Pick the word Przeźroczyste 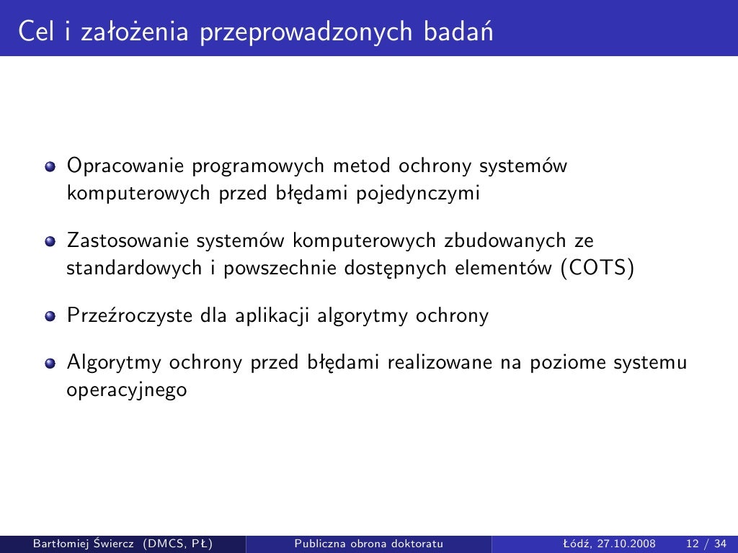pyautogui.click(x=121, y=315)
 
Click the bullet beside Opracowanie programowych pyautogui.click(x=50, y=168)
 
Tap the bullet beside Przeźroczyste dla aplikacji pyautogui.click(x=50, y=316)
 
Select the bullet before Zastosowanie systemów pyautogui.click(x=50, y=241)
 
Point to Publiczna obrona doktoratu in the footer pyautogui.click(x=368, y=542)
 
